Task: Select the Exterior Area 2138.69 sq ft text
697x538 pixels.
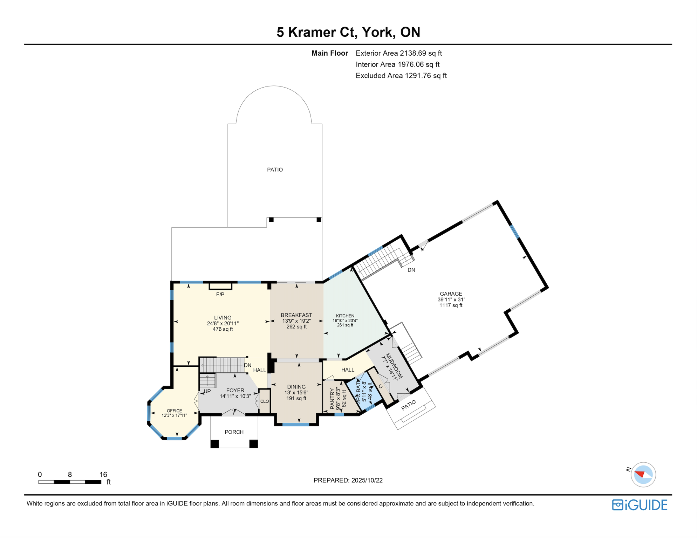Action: coord(398,53)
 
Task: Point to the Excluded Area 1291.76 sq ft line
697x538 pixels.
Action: coord(401,76)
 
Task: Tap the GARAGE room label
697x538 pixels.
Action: coord(451,294)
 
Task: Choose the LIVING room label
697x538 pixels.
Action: coord(223,318)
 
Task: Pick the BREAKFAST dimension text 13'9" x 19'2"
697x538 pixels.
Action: coord(296,321)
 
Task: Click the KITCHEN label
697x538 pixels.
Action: coord(345,316)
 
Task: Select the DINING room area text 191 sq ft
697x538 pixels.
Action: coord(296,398)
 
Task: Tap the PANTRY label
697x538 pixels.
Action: coord(332,399)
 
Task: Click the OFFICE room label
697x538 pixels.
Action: coord(174,411)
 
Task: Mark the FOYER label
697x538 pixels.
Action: coord(235,390)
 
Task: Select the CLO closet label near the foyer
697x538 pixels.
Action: coord(264,401)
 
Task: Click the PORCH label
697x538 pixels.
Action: coord(234,432)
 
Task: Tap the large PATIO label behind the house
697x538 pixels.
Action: coord(275,170)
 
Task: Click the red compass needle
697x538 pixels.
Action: coord(640,474)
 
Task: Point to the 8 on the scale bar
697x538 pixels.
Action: coord(70,475)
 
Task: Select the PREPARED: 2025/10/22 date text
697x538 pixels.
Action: coord(348,480)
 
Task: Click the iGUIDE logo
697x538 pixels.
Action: coord(639,505)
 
